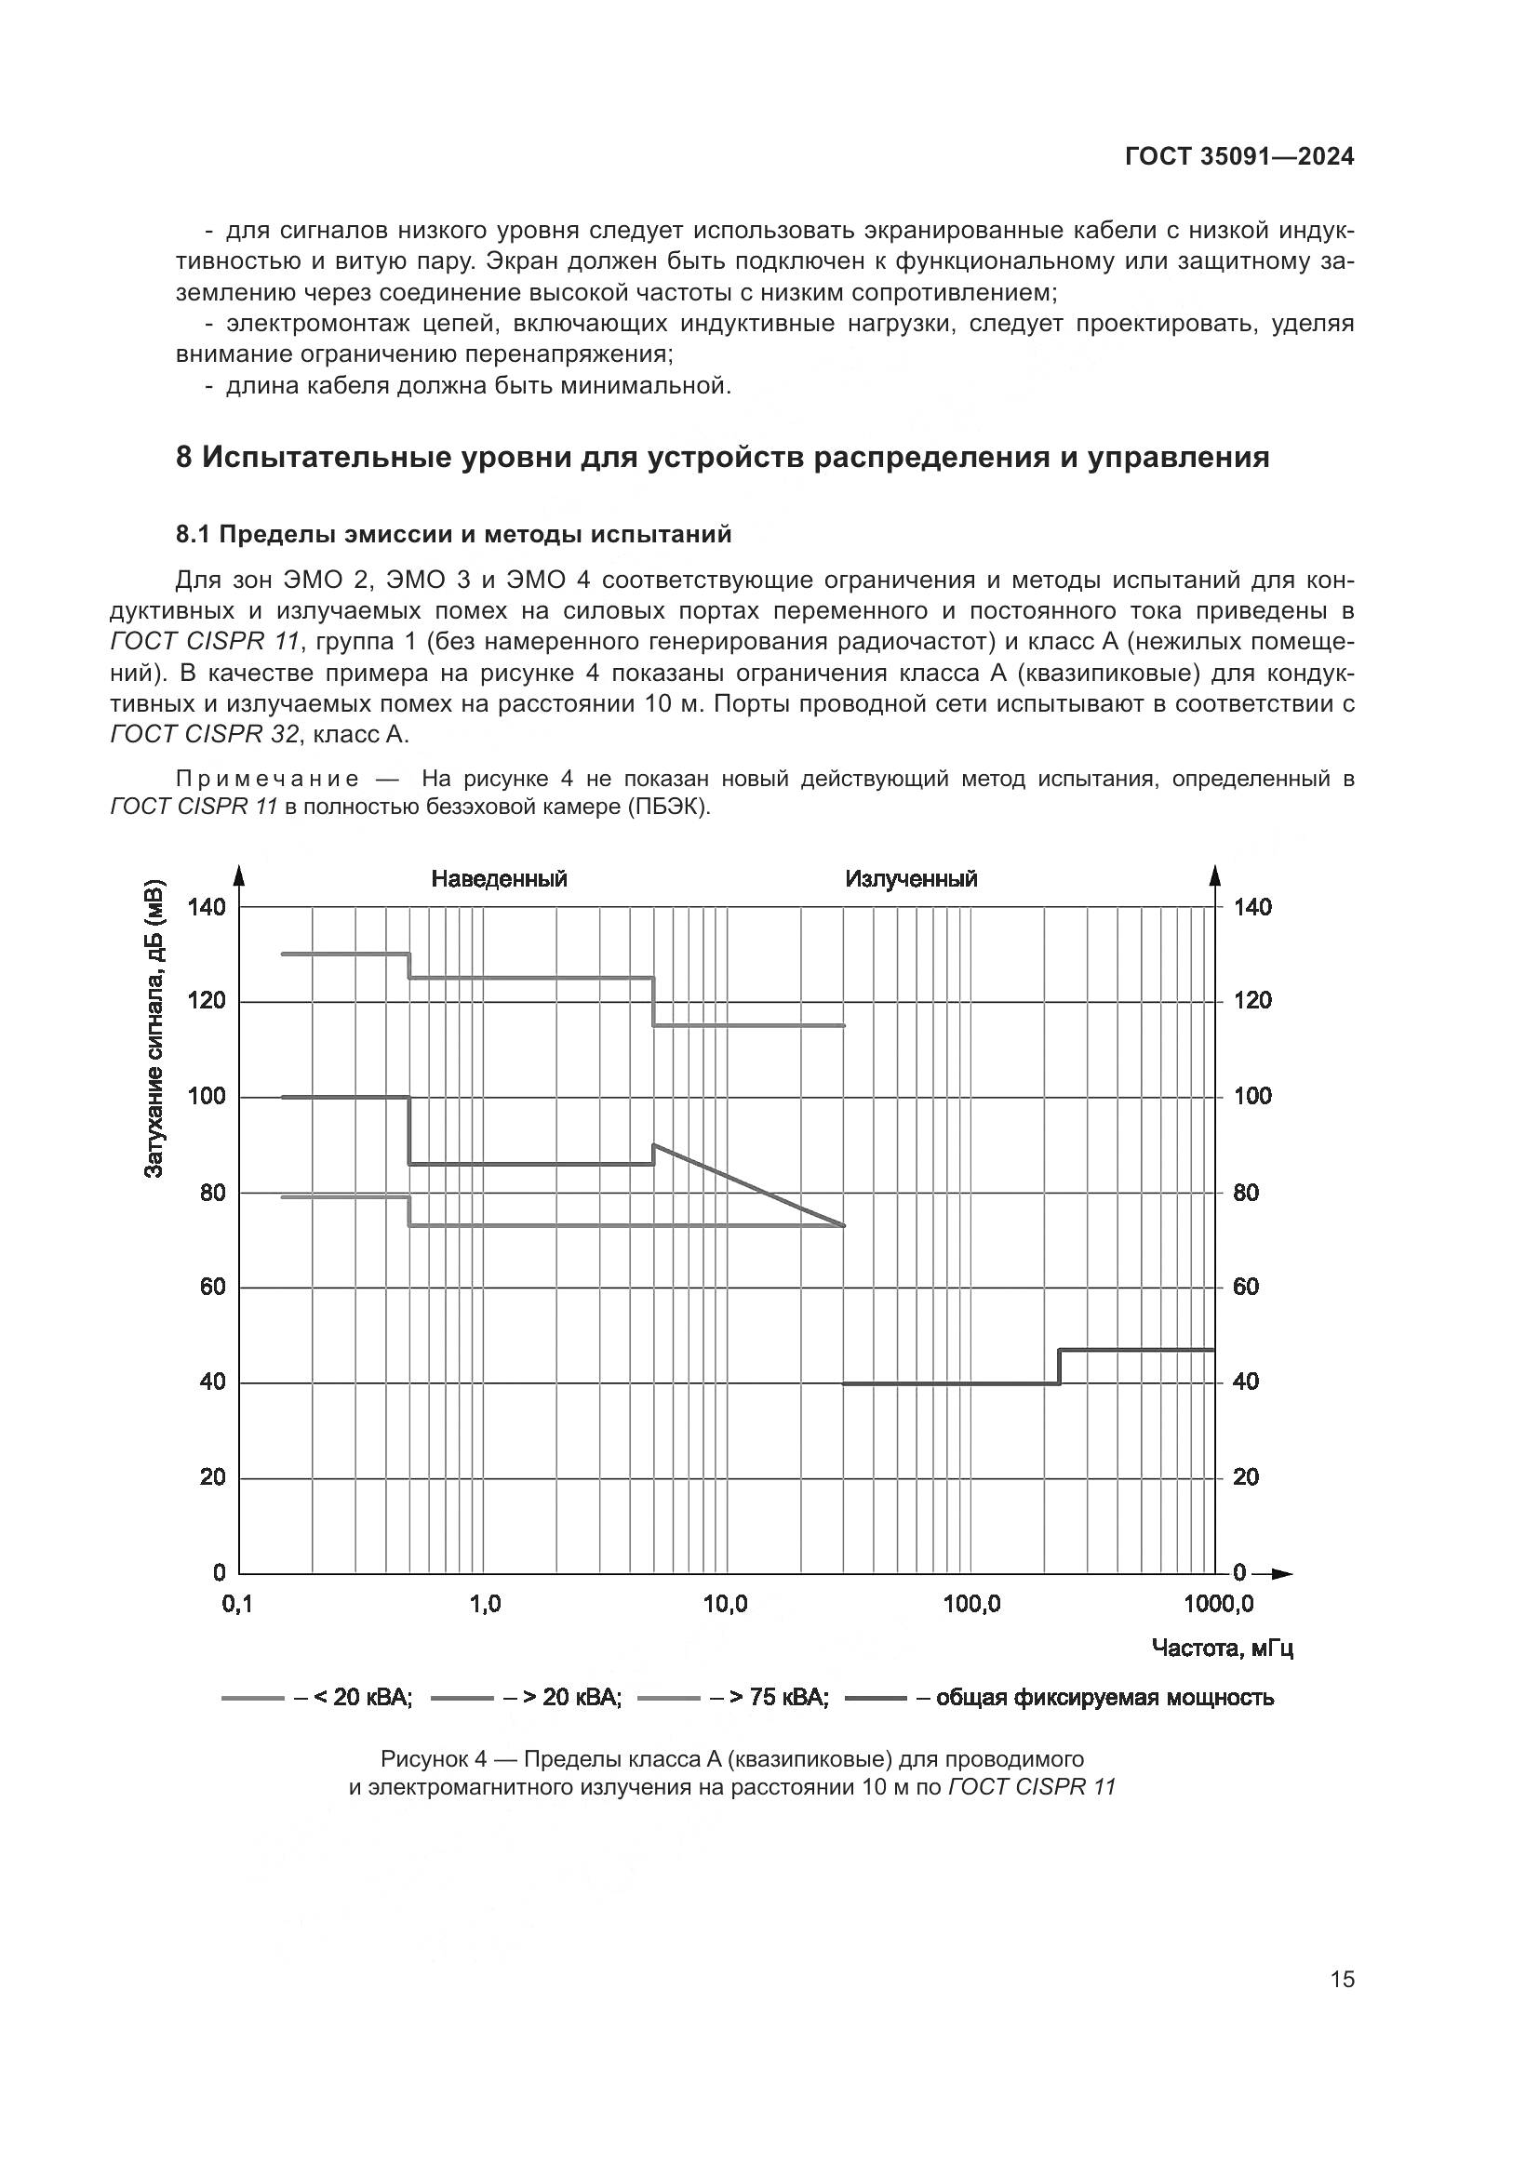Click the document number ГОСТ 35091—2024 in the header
click(1238, 157)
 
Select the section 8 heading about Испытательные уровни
click(722, 458)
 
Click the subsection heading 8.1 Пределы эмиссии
click(454, 535)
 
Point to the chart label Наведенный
click(499, 878)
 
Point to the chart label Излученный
click(911, 878)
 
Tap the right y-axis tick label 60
click(1245, 1287)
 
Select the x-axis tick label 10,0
click(725, 1604)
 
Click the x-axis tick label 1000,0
click(1218, 1604)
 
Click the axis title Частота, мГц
click(1223, 1649)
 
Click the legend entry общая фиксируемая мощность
click(1104, 1697)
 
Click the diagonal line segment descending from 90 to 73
click(749, 1185)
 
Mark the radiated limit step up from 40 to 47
click(1060, 1366)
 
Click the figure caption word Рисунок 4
click(433, 1759)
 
